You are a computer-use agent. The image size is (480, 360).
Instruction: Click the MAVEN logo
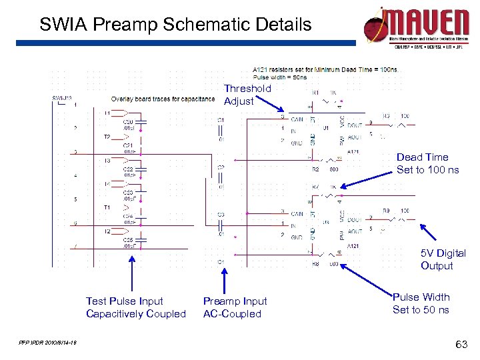417,27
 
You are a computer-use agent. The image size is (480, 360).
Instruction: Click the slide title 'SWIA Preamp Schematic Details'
175,25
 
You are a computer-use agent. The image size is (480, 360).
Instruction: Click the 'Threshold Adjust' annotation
247,95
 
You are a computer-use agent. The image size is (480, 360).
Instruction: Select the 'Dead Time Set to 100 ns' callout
427,163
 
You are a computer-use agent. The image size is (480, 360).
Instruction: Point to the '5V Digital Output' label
443,259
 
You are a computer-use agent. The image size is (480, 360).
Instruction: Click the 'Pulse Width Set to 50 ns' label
421,303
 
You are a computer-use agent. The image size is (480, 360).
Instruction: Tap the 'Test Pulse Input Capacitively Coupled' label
135,307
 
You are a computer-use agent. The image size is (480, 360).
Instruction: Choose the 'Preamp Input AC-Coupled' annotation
235,307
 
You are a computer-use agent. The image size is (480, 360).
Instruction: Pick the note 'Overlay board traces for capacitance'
163,99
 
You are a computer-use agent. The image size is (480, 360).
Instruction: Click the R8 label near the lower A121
316,264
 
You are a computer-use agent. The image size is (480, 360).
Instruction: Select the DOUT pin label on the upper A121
355,124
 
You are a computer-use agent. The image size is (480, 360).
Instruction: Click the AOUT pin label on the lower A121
355,231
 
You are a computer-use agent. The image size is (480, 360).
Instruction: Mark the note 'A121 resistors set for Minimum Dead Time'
325,69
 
